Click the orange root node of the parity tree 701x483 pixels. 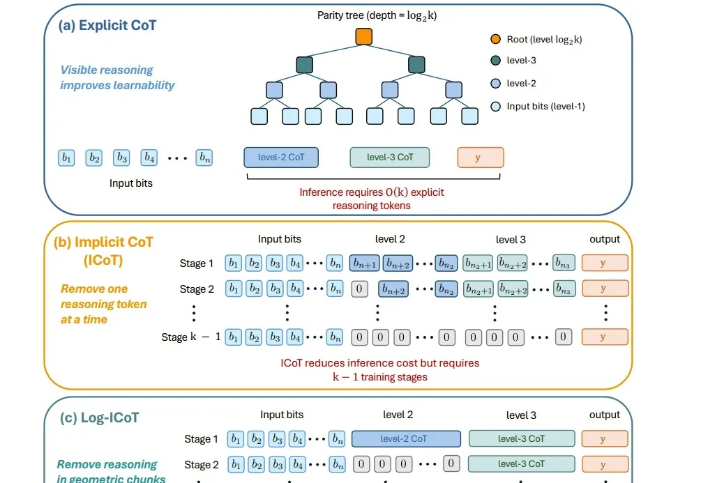pyautogui.click(x=364, y=37)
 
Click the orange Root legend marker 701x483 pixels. pyautogui.click(x=495, y=39)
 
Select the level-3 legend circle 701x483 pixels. pyautogui.click(x=495, y=61)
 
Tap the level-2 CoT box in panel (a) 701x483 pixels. pyautogui.click(x=281, y=158)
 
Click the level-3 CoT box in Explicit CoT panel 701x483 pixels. pyautogui.click(x=389, y=158)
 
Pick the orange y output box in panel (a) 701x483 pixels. pyautogui.click(x=481, y=158)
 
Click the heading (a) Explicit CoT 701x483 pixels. pyautogui.click(x=107, y=26)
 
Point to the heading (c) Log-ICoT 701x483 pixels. pyautogui.click(x=100, y=417)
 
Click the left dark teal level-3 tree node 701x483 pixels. pyautogui.click(x=304, y=64)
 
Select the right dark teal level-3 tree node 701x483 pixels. pyautogui.click(x=416, y=64)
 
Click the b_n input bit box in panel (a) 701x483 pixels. pyautogui.click(x=204, y=158)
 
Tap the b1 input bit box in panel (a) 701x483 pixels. pyautogui.click(x=66, y=158)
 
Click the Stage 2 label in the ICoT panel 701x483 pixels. pyautogui.click(x=197, y=289)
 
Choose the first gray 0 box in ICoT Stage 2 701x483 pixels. pyautogui.click(x=359, y=289)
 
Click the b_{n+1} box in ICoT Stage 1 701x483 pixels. pyautogui.click(x=365, y=263)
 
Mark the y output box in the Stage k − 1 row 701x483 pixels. pyautogui.click(x=605, y=337)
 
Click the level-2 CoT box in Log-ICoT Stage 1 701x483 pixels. pyautogui.click(x=406, y=439)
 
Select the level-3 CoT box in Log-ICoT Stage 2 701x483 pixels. pyautogui.click(x=521, y=463)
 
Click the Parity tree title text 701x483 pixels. pyautogui.click(x=377, y=15)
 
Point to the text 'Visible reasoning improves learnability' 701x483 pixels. pyautogui.click(x=117, y=77)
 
